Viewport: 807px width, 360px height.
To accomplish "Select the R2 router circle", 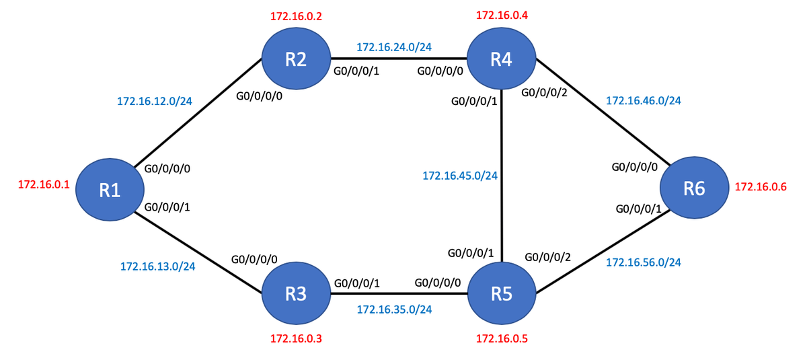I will click(x=296, y=59).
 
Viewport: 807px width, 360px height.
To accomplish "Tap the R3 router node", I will click(x=296, y=293).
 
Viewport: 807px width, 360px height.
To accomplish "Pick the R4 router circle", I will click(x=502, y=59).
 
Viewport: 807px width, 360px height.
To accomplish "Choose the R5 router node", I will click(x=502, y=293).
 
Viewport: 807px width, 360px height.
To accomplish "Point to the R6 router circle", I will click(x=694, y=188).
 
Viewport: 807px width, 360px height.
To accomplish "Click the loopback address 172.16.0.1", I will click(x=44, y=184).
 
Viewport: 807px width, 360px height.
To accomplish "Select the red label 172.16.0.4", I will click(x=502, y=15).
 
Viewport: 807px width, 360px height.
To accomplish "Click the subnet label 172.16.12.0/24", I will click(x=155, y=102).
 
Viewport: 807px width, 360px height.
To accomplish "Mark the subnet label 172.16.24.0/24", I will click(x=394, y=47).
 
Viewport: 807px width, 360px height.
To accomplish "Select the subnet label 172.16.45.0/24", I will click(x=460, y=176).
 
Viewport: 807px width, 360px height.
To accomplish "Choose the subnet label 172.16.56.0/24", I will click(x=644, y=262).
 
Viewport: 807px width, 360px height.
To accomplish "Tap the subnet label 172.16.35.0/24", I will click(x=394, y=310).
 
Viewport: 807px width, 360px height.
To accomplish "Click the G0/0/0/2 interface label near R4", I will click(x=545, y=92).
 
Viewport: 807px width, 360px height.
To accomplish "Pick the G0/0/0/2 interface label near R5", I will click(x=547, y=257).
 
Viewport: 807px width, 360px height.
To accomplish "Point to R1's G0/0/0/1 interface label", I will click(x=167, y=207).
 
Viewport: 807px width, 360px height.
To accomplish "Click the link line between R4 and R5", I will click(x=502, y=202).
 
